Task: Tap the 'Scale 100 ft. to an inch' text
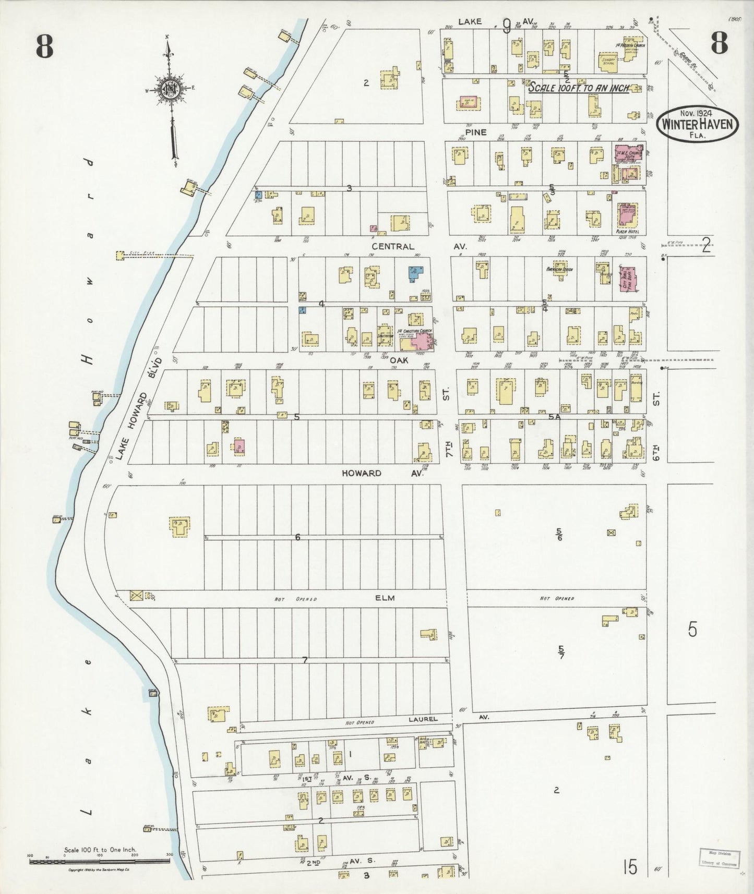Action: coord(578,88)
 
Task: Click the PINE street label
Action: coord(476,132)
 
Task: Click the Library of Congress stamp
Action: coord(719,857)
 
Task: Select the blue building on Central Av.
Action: coord(415,272)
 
